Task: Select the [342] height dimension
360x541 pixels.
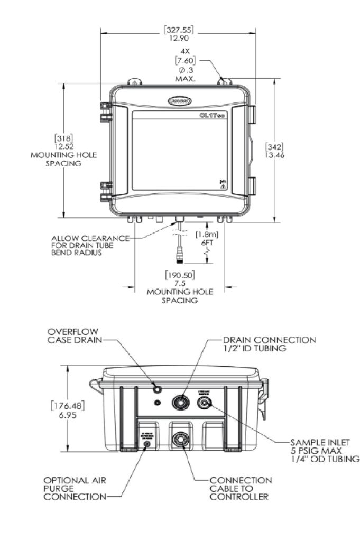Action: [275, 146]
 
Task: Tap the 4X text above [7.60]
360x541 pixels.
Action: [186, 52]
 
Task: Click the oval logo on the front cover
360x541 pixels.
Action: [180, 100]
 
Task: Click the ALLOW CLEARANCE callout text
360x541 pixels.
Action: [89, 245]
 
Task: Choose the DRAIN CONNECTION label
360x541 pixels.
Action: [269, 344]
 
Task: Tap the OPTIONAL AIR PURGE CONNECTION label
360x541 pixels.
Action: [75, 488]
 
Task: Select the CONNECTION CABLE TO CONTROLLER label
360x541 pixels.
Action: [241, 488]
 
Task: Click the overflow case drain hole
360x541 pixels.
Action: [157, 389]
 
